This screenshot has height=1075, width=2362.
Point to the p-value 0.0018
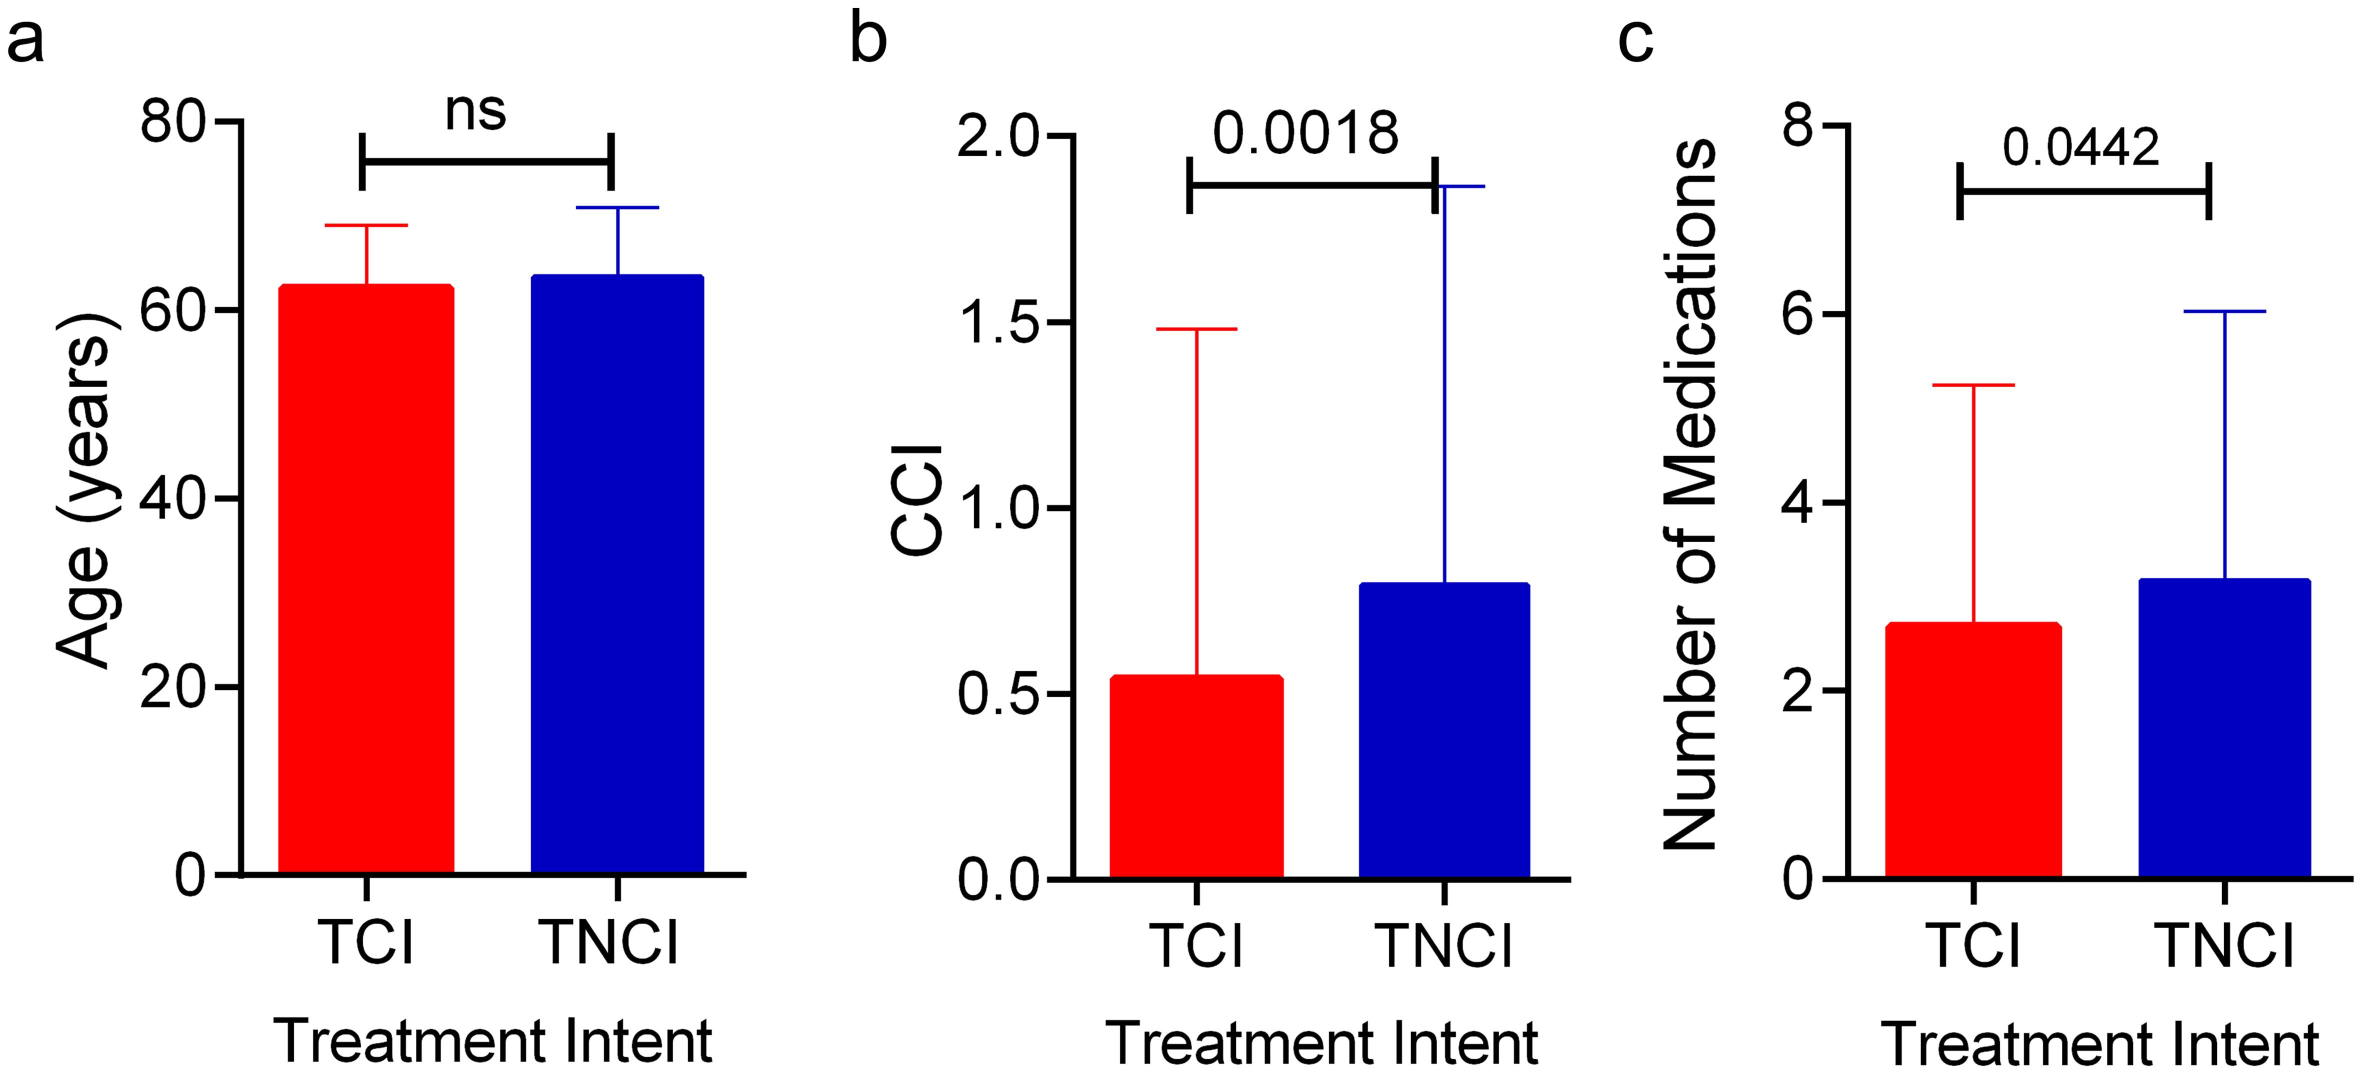[1305, 134]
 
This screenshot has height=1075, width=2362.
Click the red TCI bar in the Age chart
[366, 578]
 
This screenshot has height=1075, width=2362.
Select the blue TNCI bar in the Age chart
[617, 573]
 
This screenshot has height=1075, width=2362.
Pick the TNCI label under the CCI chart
[1444, 945]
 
